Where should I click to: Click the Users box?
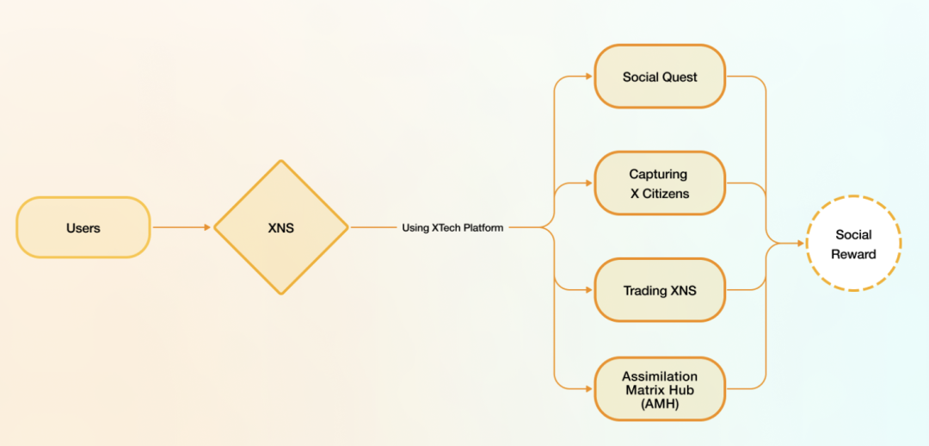[x=83, y=227]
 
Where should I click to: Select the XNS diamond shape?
[x=281, y=227]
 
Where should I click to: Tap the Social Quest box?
[x=660, y=77]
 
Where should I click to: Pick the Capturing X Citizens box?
[x=660, y=183]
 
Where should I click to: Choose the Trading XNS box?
[x=660, y=290]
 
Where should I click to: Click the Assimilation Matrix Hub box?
[x=660, y=389]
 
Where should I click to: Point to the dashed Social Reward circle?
[x=853, y=244]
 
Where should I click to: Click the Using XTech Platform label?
[x=452, y=228]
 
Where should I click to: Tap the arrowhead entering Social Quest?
[x=588, y=77]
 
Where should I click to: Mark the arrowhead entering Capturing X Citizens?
[x=588, y=183]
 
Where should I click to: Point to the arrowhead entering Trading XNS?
[x=588, y=290]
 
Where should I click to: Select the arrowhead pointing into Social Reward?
[x=800, y=244]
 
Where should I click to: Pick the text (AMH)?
[x=660, y=403]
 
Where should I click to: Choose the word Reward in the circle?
[x=853, y=254]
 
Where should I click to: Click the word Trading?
[x=644, y=291]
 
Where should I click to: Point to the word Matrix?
[x=644, y=389]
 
